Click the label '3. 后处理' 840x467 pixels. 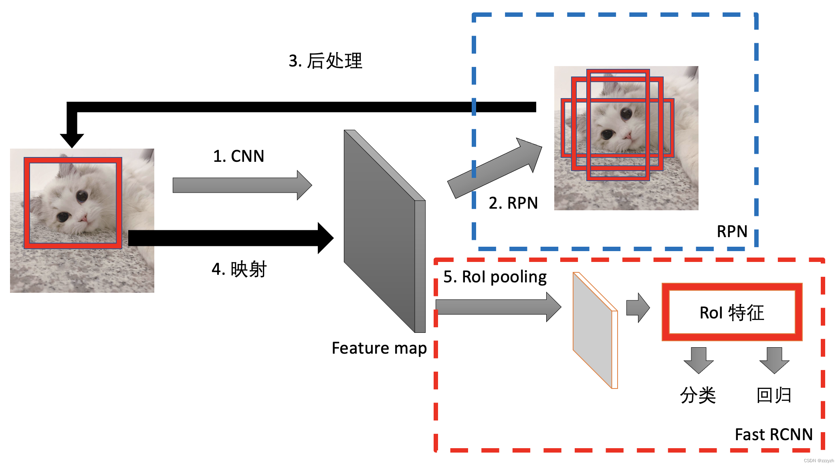(x=325, y=61)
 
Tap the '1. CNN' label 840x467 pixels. (x=238, y=156)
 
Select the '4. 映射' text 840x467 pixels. (x=239, y=269)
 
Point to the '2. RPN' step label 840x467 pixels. (x=513, y=203)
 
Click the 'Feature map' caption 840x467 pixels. (x=379, y=348)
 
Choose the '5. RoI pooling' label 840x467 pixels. (x=495, y=277)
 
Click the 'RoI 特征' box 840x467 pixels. (x=732, y=312)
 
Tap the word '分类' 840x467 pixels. (x=698, y=395)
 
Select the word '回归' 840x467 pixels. (x=774, y=395)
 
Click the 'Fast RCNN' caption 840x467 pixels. (x=773, y=435)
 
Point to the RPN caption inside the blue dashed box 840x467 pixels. (x=732, y=231)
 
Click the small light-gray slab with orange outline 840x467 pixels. (x=594, y=330)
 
